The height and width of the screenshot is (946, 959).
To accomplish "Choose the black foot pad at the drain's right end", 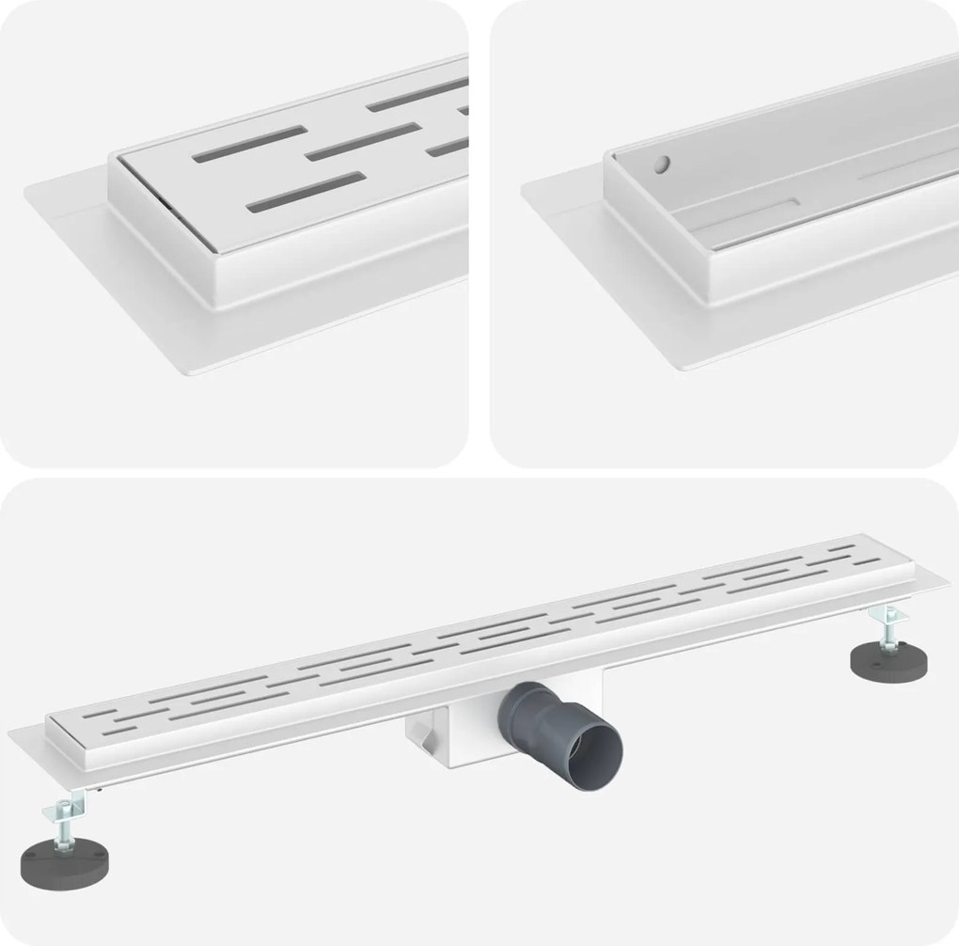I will [889, 662].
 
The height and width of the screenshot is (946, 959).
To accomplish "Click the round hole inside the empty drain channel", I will [664, 165].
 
